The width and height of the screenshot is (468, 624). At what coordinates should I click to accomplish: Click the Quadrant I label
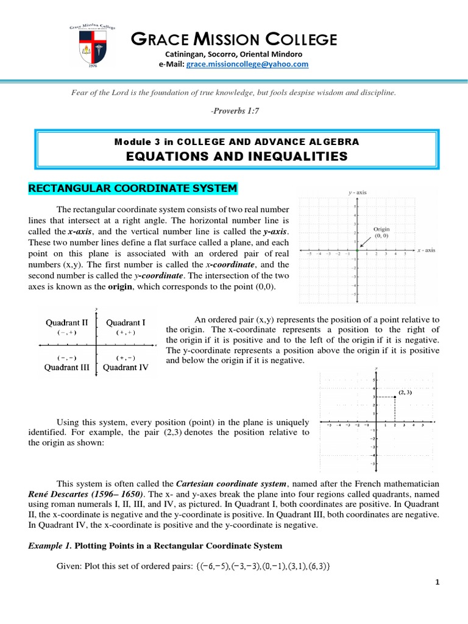point(126,322)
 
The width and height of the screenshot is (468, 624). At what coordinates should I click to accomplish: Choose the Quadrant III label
point(68,367)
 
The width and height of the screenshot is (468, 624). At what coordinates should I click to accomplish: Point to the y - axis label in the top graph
point(357,193)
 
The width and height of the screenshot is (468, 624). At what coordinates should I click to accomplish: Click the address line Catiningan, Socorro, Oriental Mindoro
point(234,54)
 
